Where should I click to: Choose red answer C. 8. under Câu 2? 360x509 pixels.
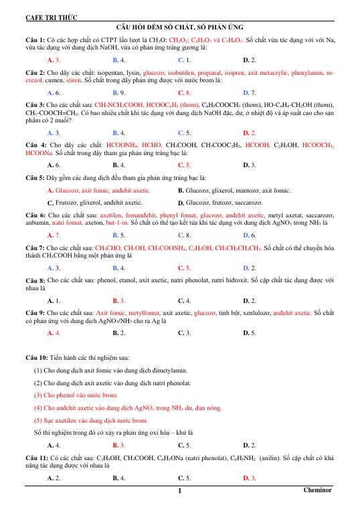pyautogui.click(x=184, y=92)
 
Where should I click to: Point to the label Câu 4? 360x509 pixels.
pyautogui.click(x=35, y=144)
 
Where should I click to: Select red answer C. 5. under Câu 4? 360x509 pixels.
pyautogui.click(x=184, y=164)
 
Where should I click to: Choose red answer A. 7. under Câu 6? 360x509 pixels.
pyautogui.click(x=54, y=235)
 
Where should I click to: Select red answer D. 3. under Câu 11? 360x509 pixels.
pyautogui.click(x=249, y=478)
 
